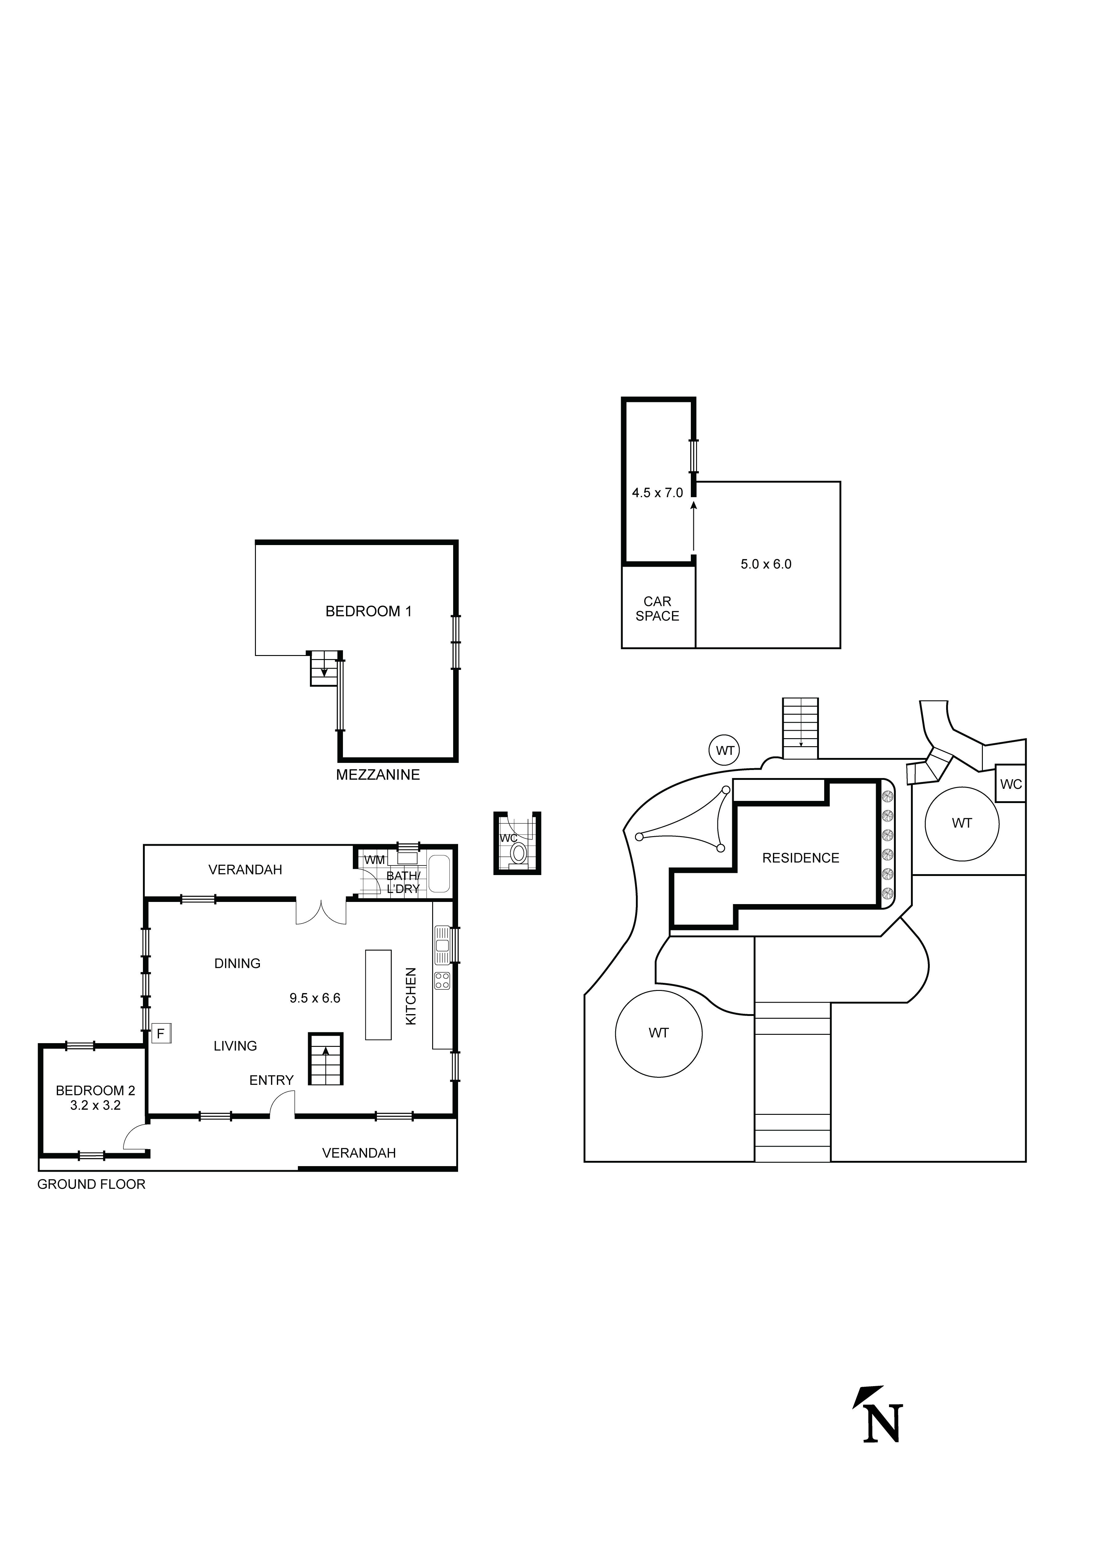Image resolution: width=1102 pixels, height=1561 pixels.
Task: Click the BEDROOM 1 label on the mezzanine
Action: click(368, 611)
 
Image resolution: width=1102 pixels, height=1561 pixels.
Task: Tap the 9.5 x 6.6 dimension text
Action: click(315, 998)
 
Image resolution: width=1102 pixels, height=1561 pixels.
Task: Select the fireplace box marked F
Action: click(161, 1034)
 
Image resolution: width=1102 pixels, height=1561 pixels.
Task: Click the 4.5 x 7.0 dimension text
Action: click(657, 493)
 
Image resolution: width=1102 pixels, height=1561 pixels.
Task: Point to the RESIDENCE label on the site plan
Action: click(800, 858)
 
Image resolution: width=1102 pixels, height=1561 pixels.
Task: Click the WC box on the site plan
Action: click(1010, 784)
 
